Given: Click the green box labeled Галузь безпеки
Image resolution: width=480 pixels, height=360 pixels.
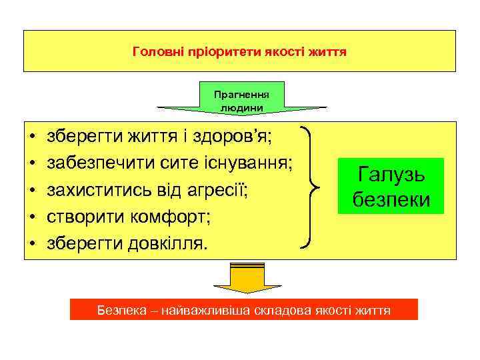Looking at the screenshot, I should [391, 186].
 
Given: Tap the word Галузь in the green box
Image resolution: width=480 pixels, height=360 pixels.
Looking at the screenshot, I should [391, 175].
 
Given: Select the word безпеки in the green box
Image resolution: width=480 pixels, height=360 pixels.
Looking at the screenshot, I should [391, 199].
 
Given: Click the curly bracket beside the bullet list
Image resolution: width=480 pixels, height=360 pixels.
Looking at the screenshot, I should [313, 187].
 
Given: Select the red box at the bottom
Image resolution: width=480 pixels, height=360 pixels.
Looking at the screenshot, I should [243, 310].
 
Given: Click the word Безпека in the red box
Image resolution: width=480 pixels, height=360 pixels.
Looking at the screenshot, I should [121, 310].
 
